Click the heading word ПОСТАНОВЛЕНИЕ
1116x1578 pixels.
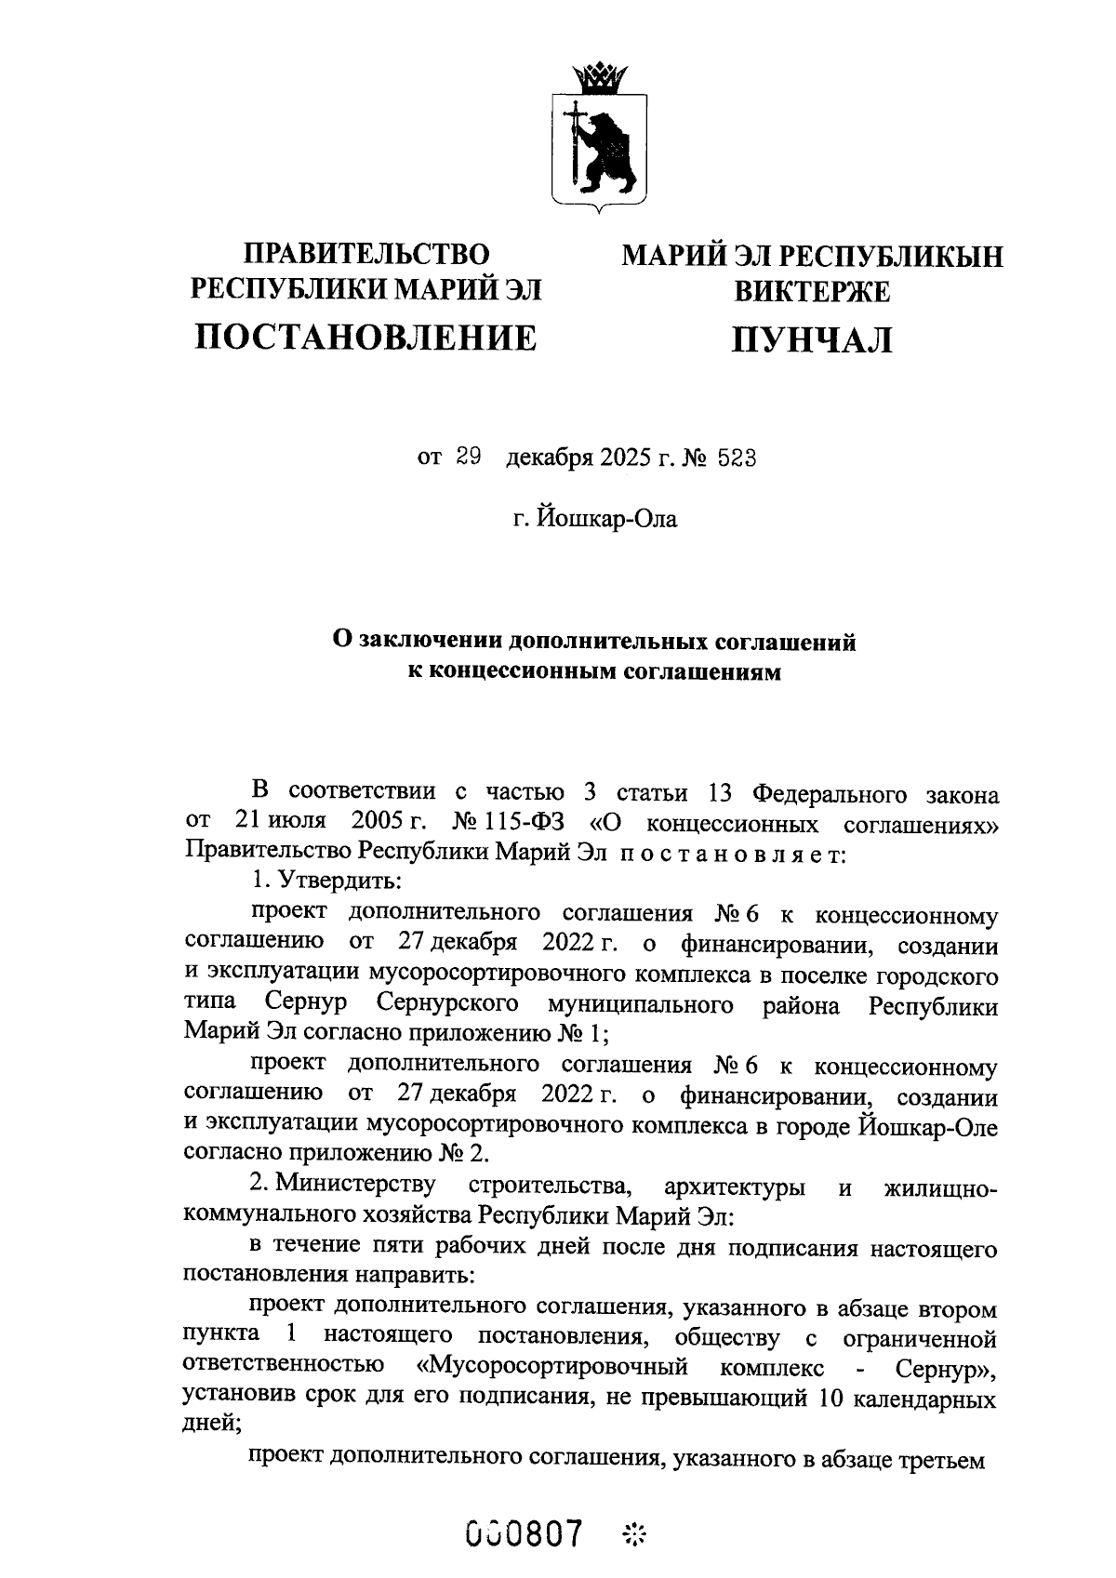click(x=365, y=337)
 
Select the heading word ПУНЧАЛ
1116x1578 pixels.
click(x=812, y=340)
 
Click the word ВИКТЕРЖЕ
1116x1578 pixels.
click(x=812, y=292)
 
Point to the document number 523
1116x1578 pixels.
click(x=736, y=458)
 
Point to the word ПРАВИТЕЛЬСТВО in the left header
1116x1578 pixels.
click(x=365, y=253)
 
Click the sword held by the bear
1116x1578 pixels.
click(x=578, y=139)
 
